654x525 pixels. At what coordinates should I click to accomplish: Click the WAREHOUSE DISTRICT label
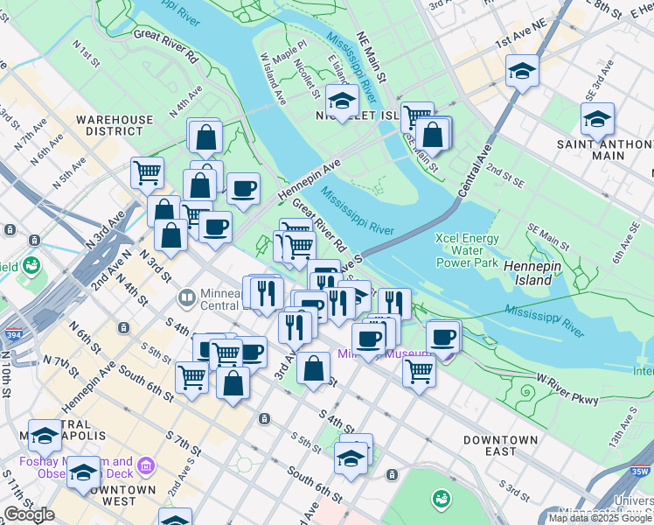114,125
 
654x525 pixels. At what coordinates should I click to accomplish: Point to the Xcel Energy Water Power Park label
468,250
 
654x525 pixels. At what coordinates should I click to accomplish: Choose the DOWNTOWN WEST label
108,495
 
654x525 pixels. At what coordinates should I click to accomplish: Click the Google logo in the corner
29,514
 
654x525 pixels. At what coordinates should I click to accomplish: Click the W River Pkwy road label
567,390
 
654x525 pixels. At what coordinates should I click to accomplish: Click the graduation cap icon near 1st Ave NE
522,70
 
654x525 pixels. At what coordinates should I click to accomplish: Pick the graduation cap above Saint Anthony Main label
597,118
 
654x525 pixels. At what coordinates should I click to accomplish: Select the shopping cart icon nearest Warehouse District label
147,171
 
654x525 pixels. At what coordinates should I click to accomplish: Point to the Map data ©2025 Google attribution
599,518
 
